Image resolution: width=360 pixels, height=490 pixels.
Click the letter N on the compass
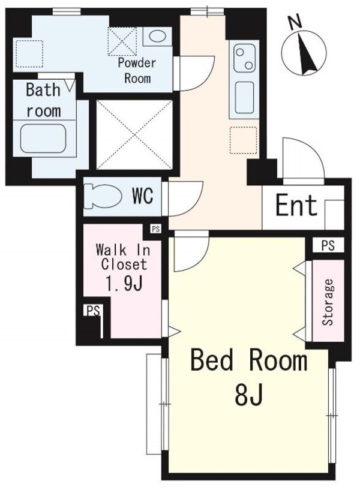[x=295, y=22]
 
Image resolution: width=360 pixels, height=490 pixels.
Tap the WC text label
[x=142, y=195]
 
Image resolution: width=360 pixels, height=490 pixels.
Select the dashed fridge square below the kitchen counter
[x=243, y=139]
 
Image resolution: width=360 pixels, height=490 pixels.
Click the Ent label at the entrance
[x=295, y=206]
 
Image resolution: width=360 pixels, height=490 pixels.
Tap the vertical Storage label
[x=328, y=302]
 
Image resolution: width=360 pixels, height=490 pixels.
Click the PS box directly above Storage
[x=327, y=245]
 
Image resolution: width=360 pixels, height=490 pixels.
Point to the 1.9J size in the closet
[x=123, y=284]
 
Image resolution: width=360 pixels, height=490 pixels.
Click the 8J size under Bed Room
[x=248, y=395]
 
